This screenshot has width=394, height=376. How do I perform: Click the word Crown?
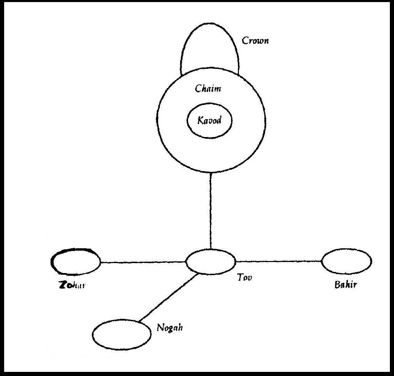255,41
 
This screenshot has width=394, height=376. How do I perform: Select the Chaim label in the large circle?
208,89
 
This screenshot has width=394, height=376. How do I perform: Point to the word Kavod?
209,121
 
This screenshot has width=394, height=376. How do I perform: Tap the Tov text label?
244,278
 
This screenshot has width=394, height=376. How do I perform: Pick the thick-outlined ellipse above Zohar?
75,262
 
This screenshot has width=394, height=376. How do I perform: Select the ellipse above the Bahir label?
347,262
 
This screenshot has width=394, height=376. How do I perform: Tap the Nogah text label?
169,327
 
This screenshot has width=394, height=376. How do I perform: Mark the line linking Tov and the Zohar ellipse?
143,262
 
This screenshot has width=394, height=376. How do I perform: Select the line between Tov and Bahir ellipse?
278,261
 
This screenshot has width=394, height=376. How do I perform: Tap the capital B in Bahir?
337,285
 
